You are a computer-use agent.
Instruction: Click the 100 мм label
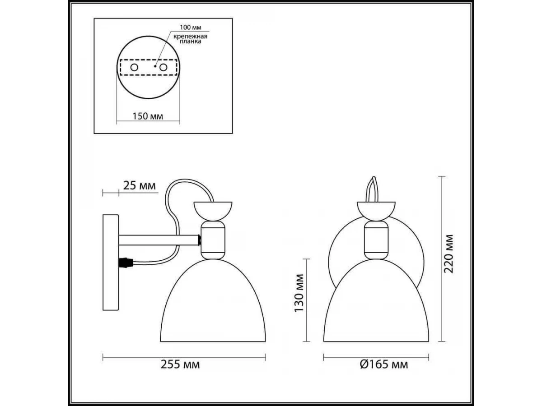(191, 27)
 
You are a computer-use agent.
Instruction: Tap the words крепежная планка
(190, 39)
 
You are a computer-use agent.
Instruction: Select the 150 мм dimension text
(148, 116)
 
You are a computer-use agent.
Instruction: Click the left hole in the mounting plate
(134, 67)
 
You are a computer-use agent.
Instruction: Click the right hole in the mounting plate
(163, 67)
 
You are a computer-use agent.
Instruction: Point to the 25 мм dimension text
(140, 185)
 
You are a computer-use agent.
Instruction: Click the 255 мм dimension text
(180, 364)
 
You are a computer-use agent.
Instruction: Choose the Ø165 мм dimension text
(384, 364)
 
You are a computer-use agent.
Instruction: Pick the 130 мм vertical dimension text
(299, 293)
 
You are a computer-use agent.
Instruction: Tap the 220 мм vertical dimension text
(449, 254)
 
